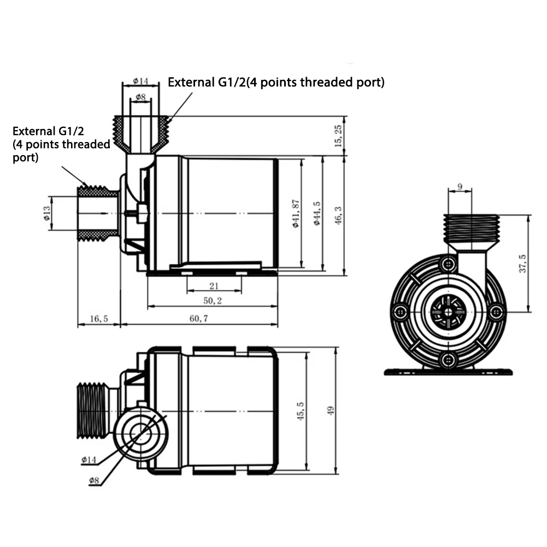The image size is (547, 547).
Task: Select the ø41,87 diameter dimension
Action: tap(296, 213)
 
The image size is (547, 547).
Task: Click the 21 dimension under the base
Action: tap(214, 285)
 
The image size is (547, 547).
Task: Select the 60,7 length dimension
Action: tap(199, 318)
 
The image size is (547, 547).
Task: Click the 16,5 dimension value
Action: tap(98, 318)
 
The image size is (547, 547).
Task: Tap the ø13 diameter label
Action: tap(47, 213)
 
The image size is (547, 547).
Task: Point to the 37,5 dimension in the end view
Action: tap(523, 264)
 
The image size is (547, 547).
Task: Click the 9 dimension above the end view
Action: tap(460, 187)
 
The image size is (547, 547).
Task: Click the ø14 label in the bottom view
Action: tap(89, 460)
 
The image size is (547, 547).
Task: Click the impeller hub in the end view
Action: tap(449, 312)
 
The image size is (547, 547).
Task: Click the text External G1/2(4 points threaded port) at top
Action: tap(276, 83)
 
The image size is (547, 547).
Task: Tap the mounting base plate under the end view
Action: tap(448, 372)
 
